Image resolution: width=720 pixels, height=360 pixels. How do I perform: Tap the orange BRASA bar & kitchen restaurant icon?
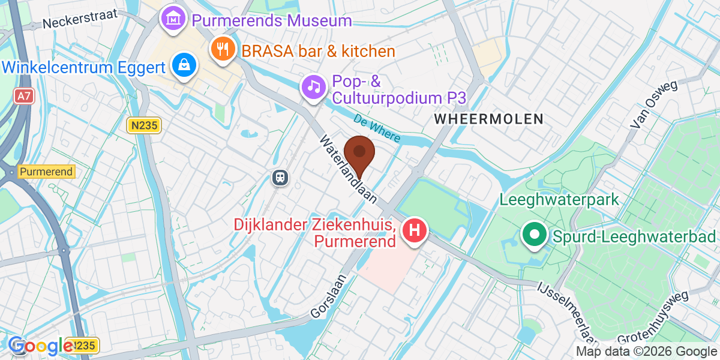[x=224, y=50]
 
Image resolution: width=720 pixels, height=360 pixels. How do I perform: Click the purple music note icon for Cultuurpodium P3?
[x=313, y=87]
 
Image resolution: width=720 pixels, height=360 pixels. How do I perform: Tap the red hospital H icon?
[x=414, y=230]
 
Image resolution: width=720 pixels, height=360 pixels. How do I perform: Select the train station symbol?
[x=280, y=177]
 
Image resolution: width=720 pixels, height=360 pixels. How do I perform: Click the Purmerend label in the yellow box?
[x=46, y=172]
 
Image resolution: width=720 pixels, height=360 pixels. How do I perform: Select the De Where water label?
[x=376, y=128]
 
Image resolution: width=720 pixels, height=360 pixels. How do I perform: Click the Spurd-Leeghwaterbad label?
[x=634, y=235]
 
